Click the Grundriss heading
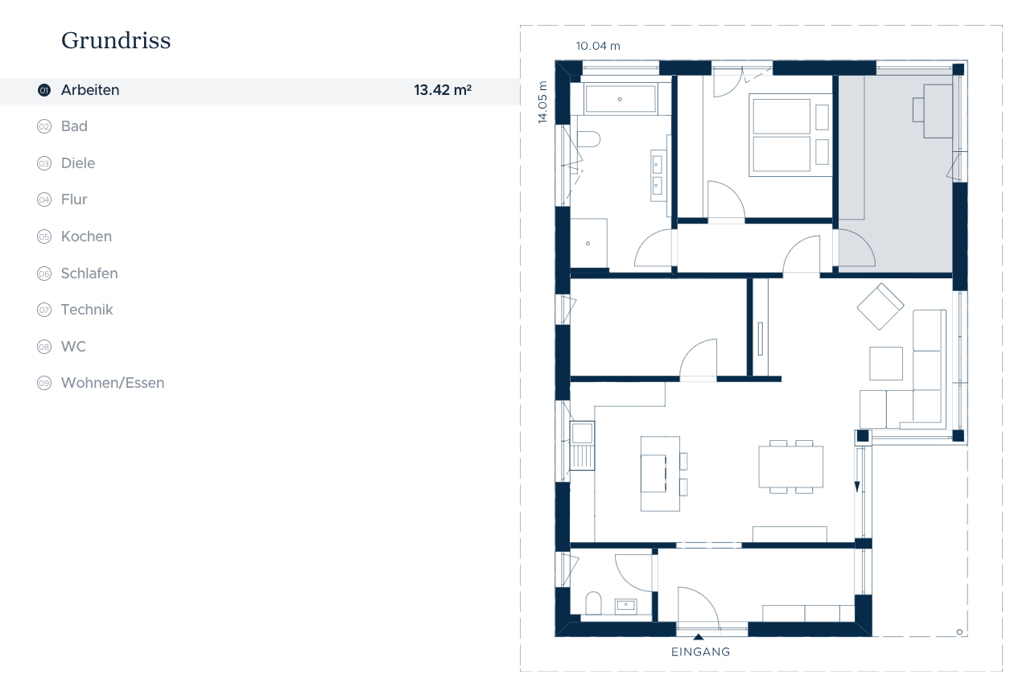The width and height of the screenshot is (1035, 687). [116, 40]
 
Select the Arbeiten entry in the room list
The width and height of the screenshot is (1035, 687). [90, 90]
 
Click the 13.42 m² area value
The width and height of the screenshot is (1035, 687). [443, 90]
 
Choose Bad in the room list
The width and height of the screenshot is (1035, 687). [74, 126]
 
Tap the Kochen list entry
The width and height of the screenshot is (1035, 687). [86, 237]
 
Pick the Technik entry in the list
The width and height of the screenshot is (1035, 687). [87, 310]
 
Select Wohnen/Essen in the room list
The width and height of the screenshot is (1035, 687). [113, 383]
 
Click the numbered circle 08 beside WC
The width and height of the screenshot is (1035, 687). [44, 346]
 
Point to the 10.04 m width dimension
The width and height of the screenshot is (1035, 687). [598, 46]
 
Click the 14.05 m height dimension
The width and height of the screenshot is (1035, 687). [542, 102]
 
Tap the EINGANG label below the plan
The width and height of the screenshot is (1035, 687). [700, 652]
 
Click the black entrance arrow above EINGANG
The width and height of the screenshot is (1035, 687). [699, 637]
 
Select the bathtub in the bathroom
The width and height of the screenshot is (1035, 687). [620, 99]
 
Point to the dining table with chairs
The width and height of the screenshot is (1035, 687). [790, 467]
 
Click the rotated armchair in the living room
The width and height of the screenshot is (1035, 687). [880, 306]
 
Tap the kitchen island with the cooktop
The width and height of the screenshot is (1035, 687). [660, 474]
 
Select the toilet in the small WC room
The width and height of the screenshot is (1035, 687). [593, 603]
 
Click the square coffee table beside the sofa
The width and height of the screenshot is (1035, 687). [886, 364]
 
